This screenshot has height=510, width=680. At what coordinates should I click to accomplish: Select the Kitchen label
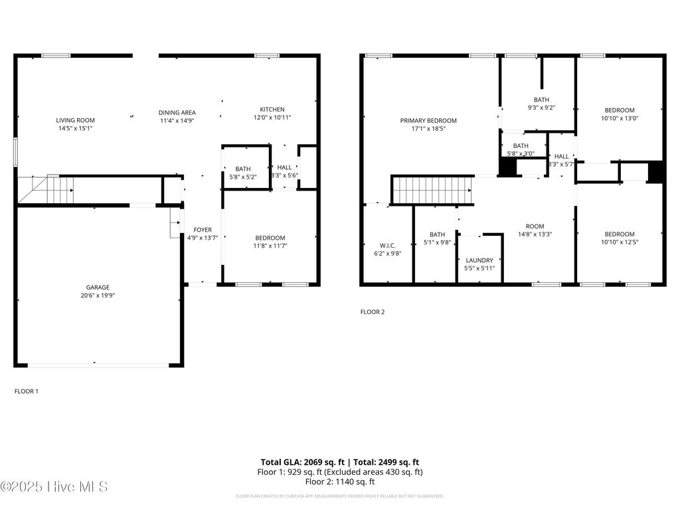[x=272, y=110]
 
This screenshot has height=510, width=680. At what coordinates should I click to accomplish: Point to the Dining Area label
[x=177, y=113]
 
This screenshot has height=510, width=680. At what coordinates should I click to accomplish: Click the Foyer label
[x=203, y=230]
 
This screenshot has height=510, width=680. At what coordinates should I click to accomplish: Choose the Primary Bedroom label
[x=428, y=120]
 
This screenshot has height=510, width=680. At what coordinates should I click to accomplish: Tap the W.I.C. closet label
[x=388, y=245]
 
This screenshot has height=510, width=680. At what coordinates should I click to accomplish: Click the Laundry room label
[x=479, y=260]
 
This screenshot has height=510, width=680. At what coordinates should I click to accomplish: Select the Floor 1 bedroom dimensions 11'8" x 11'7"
[x=270, y=246]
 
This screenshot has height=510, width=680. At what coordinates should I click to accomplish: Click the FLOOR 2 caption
[x=373, y=311]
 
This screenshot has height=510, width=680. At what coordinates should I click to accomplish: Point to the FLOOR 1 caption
[x=27, y=391]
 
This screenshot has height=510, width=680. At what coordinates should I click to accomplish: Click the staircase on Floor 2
[x=432, y=190]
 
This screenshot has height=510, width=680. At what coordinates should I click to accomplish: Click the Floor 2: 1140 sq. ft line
[x=339, y=481]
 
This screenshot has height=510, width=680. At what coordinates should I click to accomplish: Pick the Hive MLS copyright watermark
[x=54, y=487]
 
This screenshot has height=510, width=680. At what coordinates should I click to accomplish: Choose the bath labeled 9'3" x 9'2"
[x=541, y=104]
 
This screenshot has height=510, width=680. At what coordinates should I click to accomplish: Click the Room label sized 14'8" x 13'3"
[x=535, y=230]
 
